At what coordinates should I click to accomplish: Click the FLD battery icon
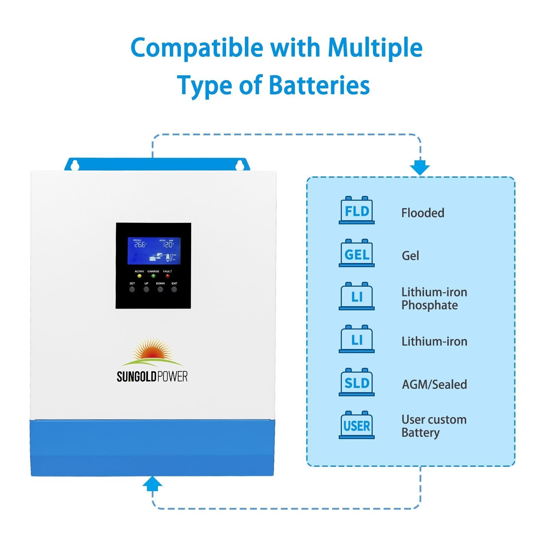tap(357, 210)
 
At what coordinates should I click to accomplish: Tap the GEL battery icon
tap(357, 253)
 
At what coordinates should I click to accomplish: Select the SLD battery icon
tap(357, 382)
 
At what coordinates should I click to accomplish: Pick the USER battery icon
tap(357, 425)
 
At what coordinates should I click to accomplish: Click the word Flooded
tap(423, 213)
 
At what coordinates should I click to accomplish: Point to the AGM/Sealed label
tap(434, 384)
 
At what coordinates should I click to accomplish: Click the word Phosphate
tap(429, 305)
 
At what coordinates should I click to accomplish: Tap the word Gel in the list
tap(410, 256)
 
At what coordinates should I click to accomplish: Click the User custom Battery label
tap(434, 426)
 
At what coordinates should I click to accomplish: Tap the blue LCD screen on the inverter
tap(154, 251)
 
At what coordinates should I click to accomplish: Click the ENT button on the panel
tap(174, 289)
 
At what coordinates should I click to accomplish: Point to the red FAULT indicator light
tap(167, 276)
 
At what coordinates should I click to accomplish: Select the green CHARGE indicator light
tap(153, 276)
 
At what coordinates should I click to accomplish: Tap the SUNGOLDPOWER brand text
tap(152, 376)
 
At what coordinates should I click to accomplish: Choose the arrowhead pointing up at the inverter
tap(152, 483)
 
